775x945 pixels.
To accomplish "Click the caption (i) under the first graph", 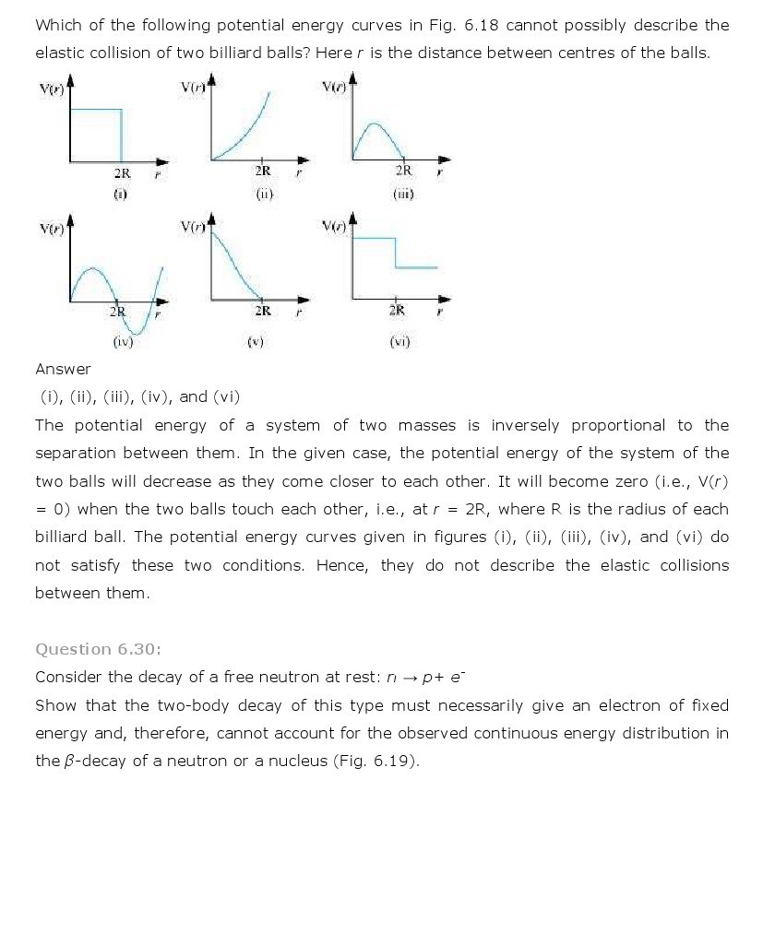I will [120, 195].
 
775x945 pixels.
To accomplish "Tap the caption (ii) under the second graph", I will [264, 195].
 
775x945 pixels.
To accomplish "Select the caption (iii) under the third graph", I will [403, 195].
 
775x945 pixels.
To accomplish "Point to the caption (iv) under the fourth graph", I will [123, 341].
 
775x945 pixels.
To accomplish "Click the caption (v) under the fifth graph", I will [256, 342].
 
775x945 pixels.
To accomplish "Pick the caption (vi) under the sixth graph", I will [399, 342].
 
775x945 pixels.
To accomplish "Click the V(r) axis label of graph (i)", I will [51, 89].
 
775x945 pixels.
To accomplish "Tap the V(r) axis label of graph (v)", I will [193, 227].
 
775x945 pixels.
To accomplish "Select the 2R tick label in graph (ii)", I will [263, 171].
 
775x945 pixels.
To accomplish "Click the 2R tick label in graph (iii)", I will [403, 171].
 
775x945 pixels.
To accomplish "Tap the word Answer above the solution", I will [63, 369].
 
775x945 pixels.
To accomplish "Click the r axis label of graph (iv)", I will [157, 314].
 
